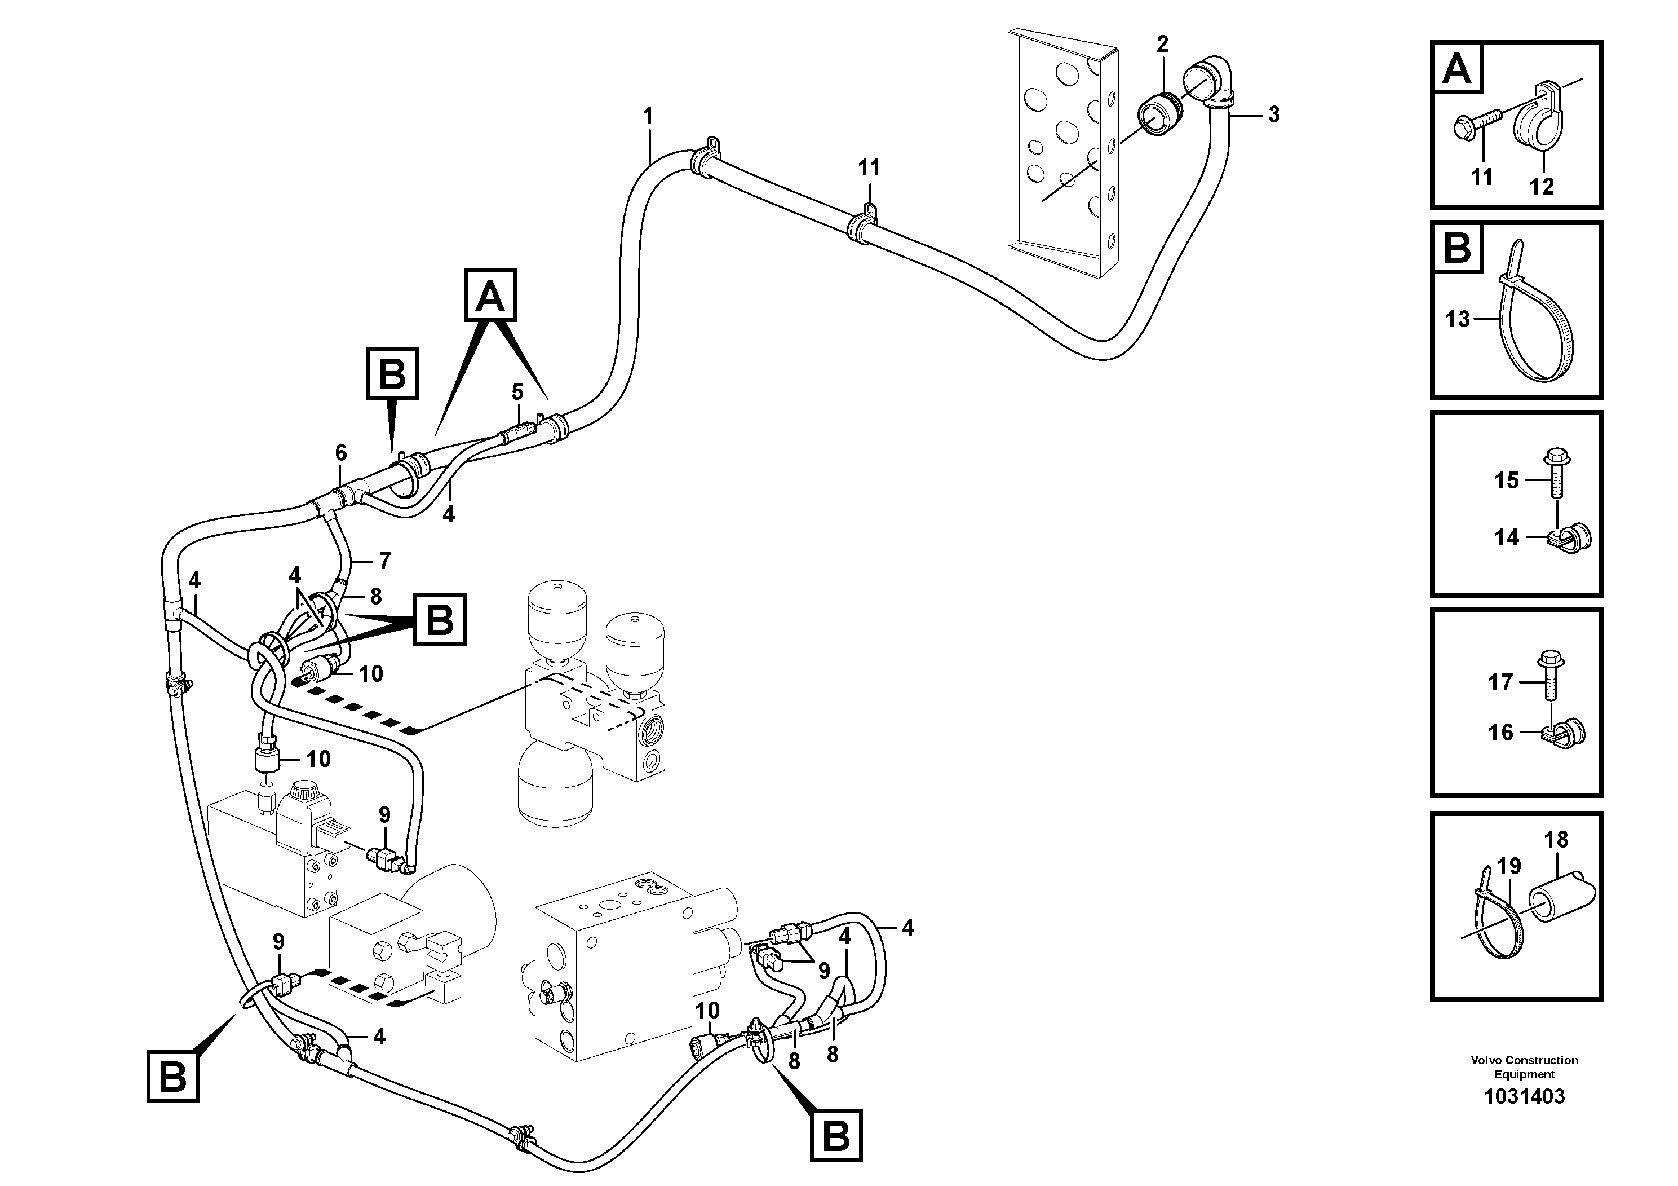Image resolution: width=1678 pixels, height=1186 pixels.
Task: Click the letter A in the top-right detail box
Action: [x=1457, y=69]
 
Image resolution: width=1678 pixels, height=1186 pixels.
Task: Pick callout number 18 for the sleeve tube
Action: [x=1556, y=839]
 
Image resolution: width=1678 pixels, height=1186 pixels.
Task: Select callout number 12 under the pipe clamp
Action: [x=1542, y=187]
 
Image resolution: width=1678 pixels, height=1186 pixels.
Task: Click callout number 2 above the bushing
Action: [x=1162, y=44]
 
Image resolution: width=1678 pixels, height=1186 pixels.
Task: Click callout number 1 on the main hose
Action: [x=648, y=116]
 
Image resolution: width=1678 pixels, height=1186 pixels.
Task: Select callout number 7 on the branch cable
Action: [x=384, y=561]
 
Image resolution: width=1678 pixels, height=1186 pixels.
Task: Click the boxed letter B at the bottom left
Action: [x=172, y=1077]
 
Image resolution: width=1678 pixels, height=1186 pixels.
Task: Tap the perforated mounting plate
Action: [x=1060, y=153]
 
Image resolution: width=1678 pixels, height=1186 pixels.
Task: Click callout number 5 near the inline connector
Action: [x=517, y=392]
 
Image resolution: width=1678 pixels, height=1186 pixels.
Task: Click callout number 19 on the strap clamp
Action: [x=1508, y=866]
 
